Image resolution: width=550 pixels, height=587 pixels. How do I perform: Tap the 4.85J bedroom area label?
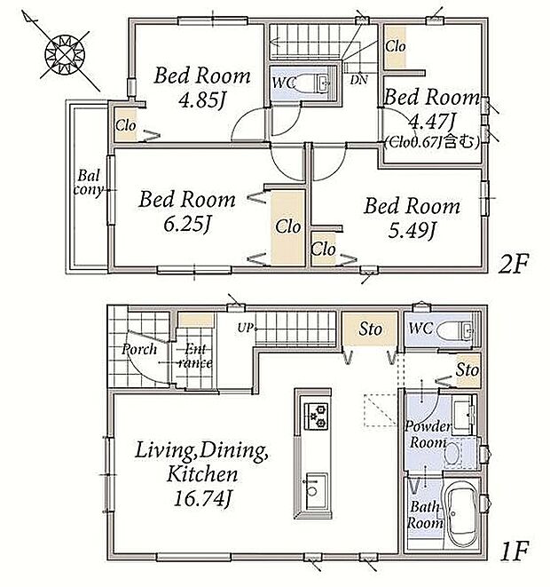(202, 100)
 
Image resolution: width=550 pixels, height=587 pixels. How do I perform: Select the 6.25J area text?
(187, 224)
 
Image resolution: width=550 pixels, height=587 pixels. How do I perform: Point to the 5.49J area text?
(412, 231)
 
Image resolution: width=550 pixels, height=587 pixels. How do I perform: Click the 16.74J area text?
(201, 498)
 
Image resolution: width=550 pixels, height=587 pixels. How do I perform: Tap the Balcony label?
(88, 182)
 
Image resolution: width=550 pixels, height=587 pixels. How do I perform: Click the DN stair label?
(359, 80)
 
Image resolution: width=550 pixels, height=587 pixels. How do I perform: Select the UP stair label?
(245, 328)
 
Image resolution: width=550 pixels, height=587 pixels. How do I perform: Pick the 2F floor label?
(514, 266)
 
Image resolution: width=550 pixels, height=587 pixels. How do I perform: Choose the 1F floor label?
(514, 551)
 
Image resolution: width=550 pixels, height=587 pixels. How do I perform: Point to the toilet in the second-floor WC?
(313, 83)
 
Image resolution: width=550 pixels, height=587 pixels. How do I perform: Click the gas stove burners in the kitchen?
(317, 416)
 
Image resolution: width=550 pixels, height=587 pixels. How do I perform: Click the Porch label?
(139, 349)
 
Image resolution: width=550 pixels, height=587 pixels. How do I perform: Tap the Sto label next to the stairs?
(370, 329)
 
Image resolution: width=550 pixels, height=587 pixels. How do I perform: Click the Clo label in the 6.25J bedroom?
(288, 226)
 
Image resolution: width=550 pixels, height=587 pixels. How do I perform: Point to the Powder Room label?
(428, 434)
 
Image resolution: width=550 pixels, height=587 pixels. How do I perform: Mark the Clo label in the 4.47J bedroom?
(395, 46)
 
